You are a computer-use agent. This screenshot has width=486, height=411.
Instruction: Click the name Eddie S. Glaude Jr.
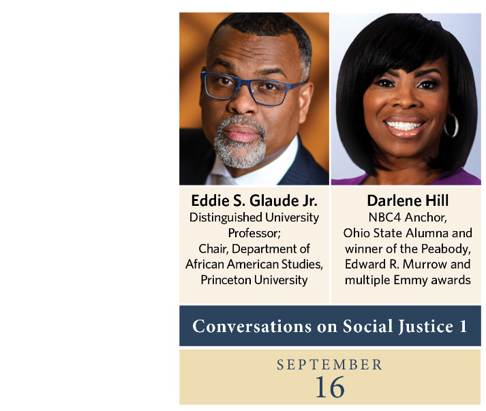pos(254,200)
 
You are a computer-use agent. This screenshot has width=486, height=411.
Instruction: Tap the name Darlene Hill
pos(408,200)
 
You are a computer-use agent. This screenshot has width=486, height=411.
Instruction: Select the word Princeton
pos(226,280)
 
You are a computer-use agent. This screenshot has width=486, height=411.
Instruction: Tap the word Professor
pos(254,233)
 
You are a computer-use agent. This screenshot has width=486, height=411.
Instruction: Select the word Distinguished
pos(226,217)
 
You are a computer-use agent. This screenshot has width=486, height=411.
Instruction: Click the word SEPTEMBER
pos(329,365)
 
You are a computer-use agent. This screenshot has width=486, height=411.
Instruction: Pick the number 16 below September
pos(330,387)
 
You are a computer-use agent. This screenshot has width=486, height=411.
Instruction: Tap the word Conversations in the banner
pos(252,326)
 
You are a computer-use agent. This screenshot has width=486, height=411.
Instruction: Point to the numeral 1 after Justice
pos(463,326)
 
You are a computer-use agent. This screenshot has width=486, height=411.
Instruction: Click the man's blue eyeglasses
pos(252,89)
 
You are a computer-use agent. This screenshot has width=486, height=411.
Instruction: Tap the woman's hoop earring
pos(451,125)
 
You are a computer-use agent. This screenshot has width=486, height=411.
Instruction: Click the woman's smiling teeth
pos(404,126)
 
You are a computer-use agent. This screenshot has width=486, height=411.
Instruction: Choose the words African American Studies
pos(254,264)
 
